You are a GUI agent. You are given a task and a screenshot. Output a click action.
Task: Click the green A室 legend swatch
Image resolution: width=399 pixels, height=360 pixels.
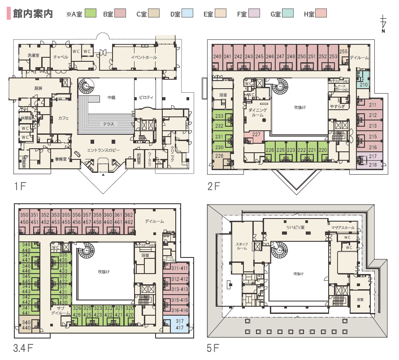point(91,14)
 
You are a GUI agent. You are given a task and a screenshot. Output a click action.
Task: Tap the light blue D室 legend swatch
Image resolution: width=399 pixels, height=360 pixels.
point(187,14)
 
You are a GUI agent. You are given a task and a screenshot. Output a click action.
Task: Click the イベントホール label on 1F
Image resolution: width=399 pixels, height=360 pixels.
point(144,57)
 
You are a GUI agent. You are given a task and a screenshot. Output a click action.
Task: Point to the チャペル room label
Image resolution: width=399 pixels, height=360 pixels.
point(61,57)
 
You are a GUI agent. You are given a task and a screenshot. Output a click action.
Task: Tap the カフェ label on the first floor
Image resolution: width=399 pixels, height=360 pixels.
point(63,118)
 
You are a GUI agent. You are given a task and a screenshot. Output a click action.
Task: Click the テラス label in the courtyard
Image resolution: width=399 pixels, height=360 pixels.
point(108,124)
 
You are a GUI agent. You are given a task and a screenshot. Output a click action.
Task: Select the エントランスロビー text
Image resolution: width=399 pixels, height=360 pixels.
point(104,150)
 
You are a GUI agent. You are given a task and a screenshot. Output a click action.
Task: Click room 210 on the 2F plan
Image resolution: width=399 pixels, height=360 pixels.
point(364,84)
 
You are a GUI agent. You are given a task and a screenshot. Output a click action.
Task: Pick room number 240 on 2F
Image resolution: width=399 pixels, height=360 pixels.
point(217,56)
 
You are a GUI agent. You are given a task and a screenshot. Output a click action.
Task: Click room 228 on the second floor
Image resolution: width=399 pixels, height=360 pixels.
point(219,156)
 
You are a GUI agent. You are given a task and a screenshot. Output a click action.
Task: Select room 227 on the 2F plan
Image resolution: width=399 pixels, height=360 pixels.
point(256,134)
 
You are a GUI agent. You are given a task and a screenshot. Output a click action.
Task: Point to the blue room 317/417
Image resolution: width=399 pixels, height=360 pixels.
point(180,325)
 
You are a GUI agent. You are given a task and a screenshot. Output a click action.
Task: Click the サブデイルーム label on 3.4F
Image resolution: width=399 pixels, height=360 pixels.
point(61,310)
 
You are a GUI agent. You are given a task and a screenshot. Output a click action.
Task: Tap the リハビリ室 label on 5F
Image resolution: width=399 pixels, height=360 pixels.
point(295,227)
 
